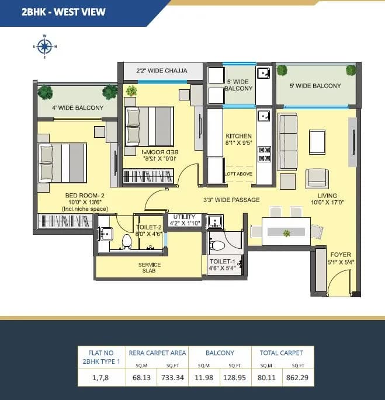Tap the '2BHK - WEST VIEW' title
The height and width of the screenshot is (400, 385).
pyautogui.click(x=55, y=11)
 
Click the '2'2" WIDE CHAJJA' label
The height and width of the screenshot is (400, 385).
pyautogui.click(x=162, y=71)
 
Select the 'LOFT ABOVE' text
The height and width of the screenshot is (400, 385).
pyautogui.click(x=238, y=174)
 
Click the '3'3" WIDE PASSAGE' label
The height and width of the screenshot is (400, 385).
pyautogui.click(x=231, y=200)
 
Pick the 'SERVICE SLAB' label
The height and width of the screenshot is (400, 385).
pyautogui.click(x=150, y=268)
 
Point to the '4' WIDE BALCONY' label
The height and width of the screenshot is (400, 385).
pyautogui.click(x=78, y=107)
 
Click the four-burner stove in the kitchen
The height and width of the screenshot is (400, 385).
pyautogui.click(x=265, y=153)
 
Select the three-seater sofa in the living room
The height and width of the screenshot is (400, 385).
pyautogui.click(x=288, y=141)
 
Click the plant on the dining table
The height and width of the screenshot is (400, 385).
pyautogui.click(x=286, y=233)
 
